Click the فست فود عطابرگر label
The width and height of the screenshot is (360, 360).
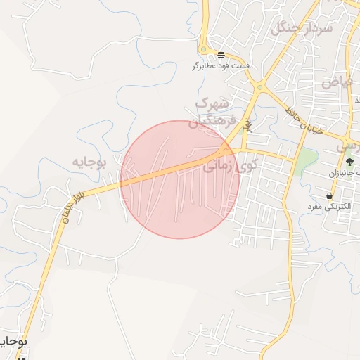(x=220, y=66)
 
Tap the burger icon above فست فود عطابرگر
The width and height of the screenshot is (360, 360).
(x=221, y=55)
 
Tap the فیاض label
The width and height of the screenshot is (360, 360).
(x=337, y=80)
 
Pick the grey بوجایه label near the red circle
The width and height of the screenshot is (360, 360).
(x=88, y=162)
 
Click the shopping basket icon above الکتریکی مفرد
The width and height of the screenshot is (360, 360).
(x=329, y=195)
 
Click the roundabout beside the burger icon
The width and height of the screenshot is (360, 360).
(x=204, y=49)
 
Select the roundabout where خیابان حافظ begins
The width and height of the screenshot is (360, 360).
(x=260, y=88)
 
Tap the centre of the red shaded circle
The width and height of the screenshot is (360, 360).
(x=179, y=179)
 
